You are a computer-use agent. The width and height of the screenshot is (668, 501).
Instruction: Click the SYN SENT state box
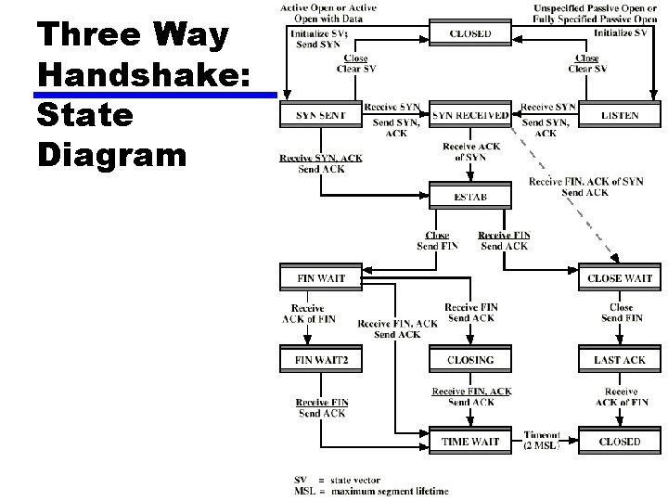320,116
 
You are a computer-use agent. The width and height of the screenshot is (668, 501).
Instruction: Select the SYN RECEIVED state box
470,116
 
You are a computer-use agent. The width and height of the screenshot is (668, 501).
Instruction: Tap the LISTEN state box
619,116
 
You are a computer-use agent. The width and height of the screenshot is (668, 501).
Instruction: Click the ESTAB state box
470,198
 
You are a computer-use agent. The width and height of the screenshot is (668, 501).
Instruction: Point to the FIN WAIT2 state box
320,360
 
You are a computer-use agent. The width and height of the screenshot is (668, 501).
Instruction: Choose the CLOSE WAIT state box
619,278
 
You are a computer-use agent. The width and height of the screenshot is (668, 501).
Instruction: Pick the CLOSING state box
470,360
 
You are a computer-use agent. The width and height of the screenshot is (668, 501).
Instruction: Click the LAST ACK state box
619,360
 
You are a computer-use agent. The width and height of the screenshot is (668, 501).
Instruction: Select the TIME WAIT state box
470,442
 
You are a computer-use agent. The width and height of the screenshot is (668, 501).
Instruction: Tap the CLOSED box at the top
470,34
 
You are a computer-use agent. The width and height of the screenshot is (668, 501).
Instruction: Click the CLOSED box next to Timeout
619,442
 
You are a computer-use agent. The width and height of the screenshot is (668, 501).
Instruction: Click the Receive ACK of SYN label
471,151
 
